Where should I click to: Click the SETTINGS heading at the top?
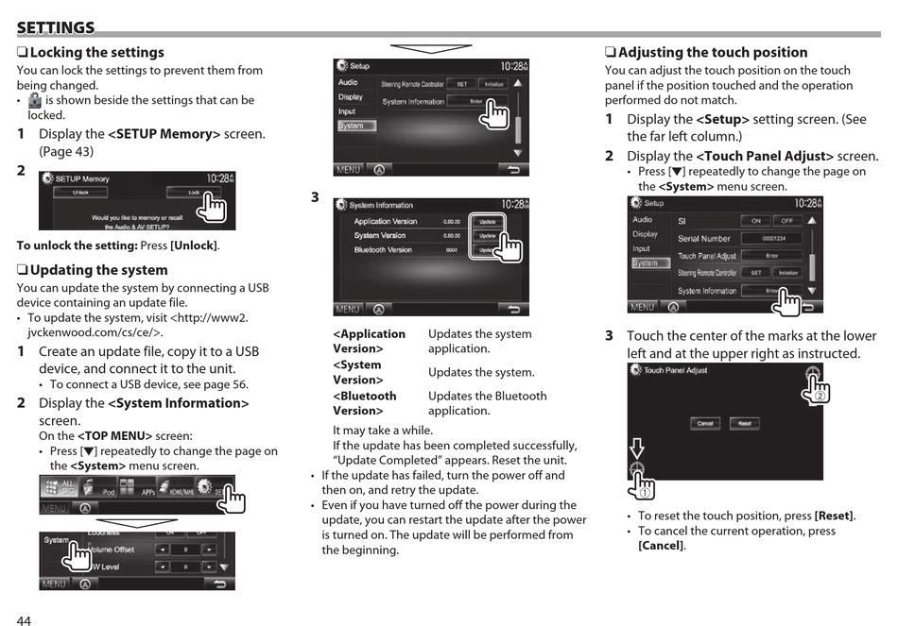[56, 27]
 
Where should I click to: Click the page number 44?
[24, 619]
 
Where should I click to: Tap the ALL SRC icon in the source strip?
[61, 490]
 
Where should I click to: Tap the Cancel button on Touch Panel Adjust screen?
[704, 423]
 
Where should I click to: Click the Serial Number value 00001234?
[770, 239]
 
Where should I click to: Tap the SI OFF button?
[786, 221]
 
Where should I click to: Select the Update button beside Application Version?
[487, 221]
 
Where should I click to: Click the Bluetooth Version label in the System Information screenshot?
[383, 250]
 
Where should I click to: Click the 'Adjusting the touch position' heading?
[712, 53]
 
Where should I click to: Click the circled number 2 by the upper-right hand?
[819, 396]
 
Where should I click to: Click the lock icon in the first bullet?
[35, 99]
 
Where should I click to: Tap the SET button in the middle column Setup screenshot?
[461, 84]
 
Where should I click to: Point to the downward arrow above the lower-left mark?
[637, 448]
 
